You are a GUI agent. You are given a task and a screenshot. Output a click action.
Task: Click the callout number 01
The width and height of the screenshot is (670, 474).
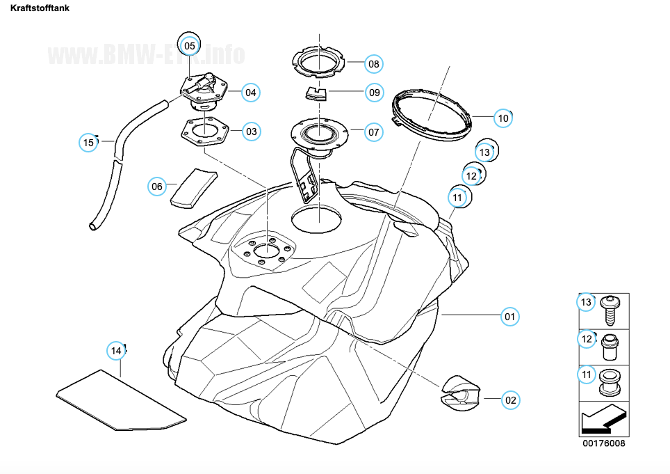point(510,317)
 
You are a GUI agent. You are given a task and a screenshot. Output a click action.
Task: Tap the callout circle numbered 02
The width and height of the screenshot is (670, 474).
point(510,400)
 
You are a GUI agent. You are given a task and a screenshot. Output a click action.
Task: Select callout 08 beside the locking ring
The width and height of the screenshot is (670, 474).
point(373,64)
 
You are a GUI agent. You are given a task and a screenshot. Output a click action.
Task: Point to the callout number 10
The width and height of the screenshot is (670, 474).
point(503,118)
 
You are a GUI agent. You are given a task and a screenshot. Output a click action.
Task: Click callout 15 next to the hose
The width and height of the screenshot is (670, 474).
point(88,143)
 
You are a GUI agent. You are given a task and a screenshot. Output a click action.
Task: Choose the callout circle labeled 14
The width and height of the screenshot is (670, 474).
point(116,350)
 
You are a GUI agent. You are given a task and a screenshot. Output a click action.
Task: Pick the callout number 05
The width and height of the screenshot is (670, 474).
point(189,45)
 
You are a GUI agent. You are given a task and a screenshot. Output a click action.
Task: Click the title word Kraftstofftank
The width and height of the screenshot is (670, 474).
point(40,9)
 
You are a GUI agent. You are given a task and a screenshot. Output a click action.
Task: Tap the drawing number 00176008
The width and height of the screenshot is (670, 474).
point(603,443)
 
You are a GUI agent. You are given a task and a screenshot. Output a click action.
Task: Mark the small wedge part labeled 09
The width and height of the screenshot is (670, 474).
point(316,93)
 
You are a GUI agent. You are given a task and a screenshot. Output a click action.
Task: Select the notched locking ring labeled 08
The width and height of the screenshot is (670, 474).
point(319,62)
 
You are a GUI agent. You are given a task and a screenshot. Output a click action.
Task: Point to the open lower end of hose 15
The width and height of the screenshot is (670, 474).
point(94,226)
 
